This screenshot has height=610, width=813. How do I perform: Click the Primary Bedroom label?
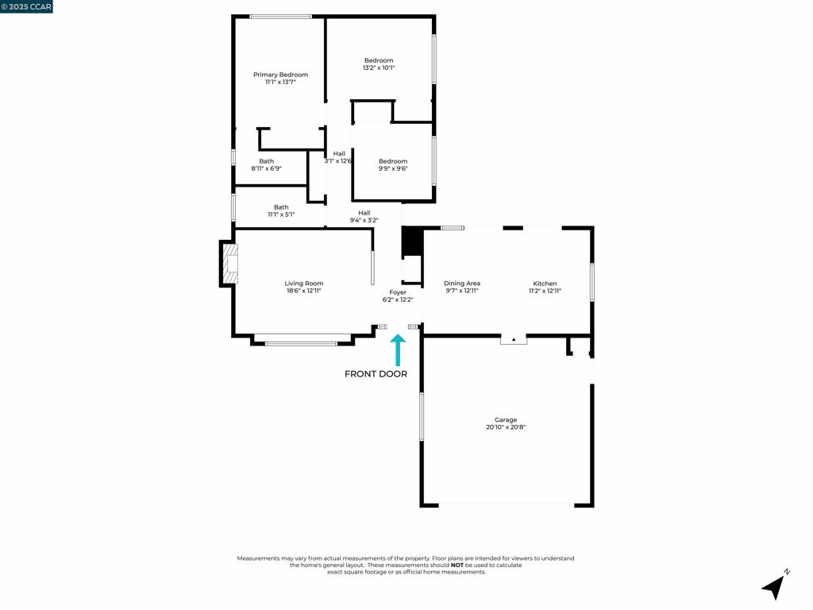tap(280, 75)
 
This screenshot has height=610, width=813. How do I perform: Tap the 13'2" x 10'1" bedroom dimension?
tap(379, 68)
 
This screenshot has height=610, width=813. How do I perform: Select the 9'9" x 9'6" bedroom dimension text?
tap(393, 168)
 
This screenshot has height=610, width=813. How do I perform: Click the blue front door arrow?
tap(398, 349)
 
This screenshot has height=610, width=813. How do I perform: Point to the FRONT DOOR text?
tap(376, 374)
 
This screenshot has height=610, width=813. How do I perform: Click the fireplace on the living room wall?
tap(229, 264)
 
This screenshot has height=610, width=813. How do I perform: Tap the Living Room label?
tap(304, 284)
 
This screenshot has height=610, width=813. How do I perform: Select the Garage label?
tap(506, 420)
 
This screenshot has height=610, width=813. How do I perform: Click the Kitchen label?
tap(545, 284)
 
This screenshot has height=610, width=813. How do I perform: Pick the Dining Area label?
tap(462, 284)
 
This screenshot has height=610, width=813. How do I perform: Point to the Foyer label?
tap(398, 292)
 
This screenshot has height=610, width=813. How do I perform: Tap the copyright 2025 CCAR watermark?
tap(26, 6)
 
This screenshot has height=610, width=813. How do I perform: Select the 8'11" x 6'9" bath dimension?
tap(266, 168)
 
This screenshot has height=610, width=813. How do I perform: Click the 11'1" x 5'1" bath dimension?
tap(281, 214)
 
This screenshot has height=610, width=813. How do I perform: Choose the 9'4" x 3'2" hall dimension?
tap(364, 220)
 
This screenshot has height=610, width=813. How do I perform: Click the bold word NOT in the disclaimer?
tap(457, 566)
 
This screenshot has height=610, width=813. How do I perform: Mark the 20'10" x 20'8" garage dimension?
tap(506, 427)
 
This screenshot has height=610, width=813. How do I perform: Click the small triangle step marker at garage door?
tap(514, 339)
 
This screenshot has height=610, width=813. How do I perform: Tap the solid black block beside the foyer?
tap(412, 241)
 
